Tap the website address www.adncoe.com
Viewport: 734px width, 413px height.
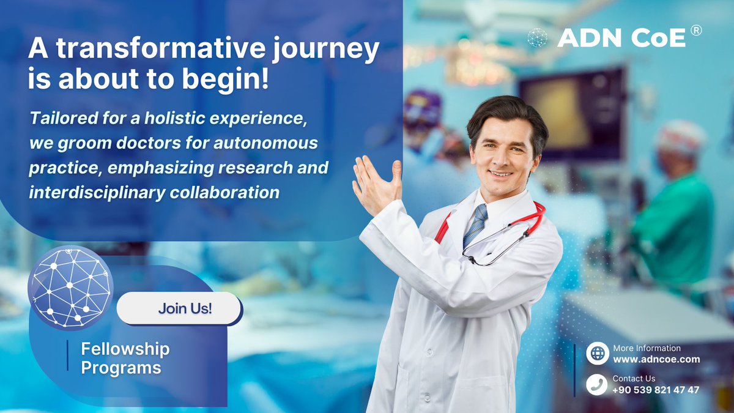(656, 359)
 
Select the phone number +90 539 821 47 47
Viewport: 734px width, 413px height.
(656, 390)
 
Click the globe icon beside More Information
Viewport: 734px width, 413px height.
(597, 354)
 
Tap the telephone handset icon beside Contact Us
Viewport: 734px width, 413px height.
(597, 384)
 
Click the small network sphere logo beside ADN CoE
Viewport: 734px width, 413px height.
(537, 38)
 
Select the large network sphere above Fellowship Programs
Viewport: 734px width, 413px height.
(70, 288)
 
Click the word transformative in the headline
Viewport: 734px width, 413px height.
(155, 51)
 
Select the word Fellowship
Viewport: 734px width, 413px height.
(125, 349)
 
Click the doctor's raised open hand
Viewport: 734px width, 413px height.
(374, 184)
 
